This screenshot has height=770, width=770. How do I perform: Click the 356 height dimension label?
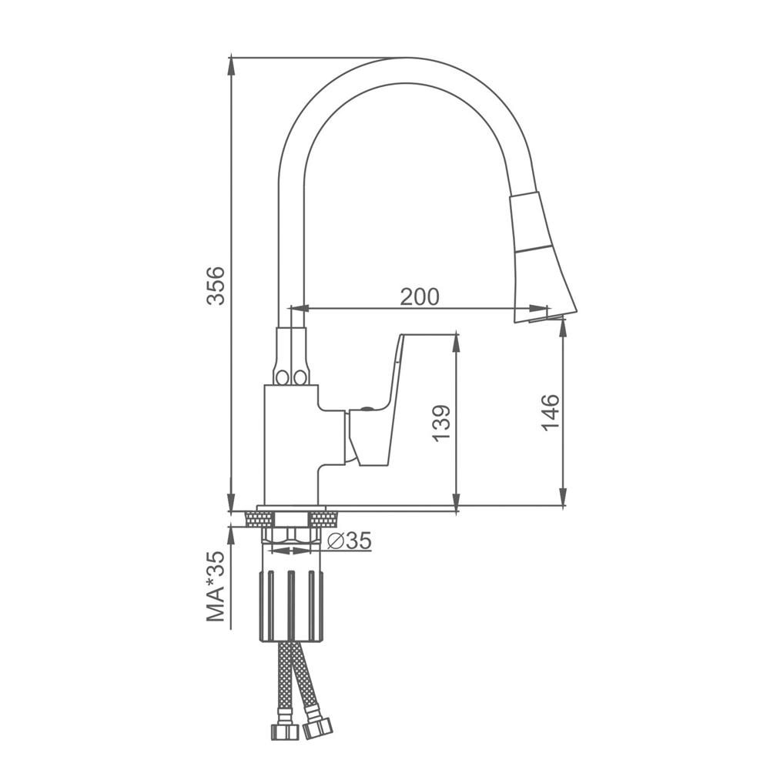(216, 286)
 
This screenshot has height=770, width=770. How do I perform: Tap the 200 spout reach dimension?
(420, 296)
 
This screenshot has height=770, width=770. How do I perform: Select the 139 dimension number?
(441, 423)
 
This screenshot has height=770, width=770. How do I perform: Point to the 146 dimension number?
(551, 413)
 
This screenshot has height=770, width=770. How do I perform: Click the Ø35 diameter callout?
(349, 541)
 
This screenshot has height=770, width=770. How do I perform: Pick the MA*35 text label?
(216, 586)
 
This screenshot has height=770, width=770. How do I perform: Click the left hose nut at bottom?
(285, 731)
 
